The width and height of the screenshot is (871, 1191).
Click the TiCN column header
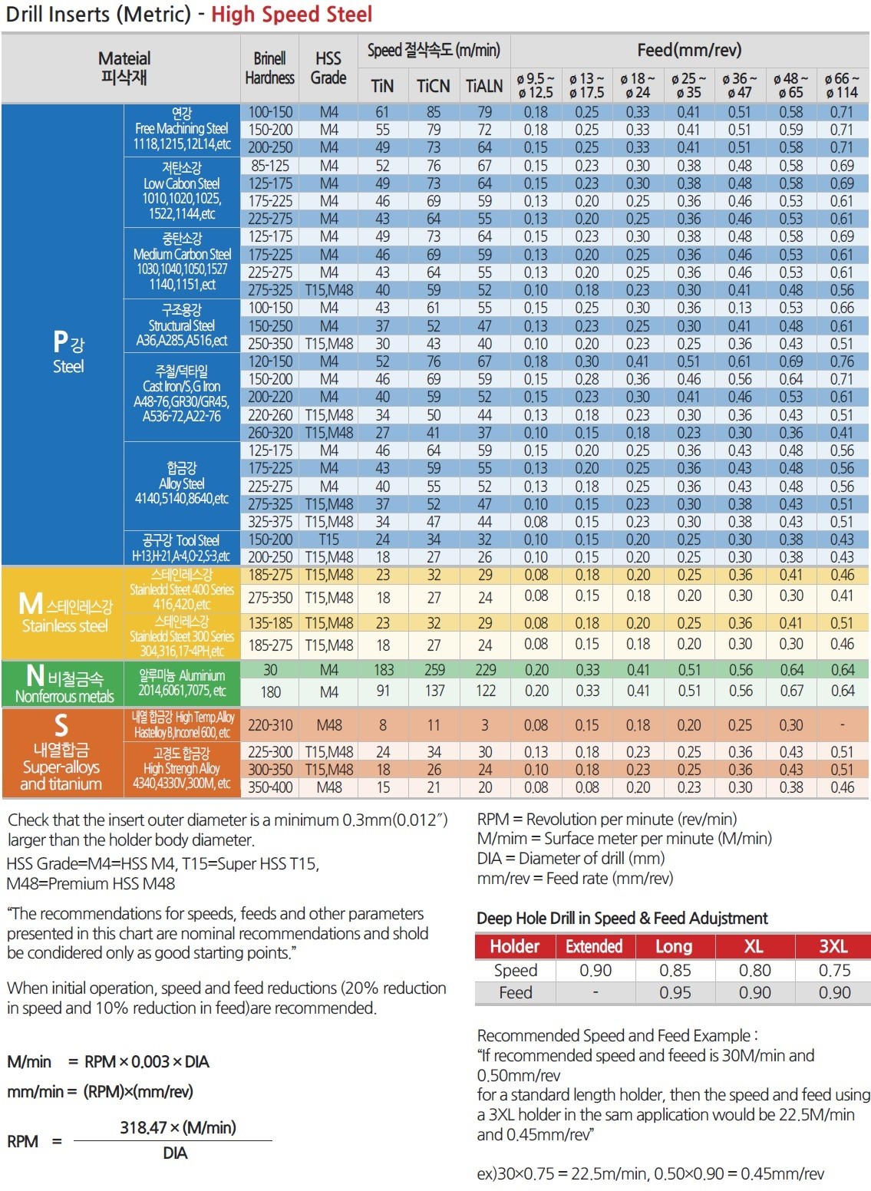[434, 86]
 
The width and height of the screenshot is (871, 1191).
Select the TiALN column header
[484, 86]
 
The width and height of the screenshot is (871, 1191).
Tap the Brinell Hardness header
[269, 68]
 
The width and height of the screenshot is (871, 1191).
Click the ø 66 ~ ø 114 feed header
[842, 85]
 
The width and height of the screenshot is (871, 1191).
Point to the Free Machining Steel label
[181, 128]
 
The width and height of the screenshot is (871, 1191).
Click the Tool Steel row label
[181, 540]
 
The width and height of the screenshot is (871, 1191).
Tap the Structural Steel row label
[181, 325]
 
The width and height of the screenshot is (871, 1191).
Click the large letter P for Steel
[61, 341]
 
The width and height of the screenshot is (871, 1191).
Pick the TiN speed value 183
[384, 669]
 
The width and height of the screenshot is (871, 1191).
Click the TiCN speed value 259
[434, 669]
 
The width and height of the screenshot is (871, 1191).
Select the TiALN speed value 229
[486, 669]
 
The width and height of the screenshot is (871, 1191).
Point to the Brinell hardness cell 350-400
[270, 787]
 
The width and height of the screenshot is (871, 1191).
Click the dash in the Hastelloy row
[843, 724]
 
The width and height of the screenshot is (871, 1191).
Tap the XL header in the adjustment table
[754, 946]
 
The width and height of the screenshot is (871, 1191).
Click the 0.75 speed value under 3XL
[834, 970]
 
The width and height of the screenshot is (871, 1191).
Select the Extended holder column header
[594, 946]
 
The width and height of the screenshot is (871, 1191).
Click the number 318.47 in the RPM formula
[142, 1127]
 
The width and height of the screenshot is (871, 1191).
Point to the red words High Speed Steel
[292, 14]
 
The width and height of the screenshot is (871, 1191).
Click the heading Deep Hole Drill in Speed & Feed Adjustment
[622, 919]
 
